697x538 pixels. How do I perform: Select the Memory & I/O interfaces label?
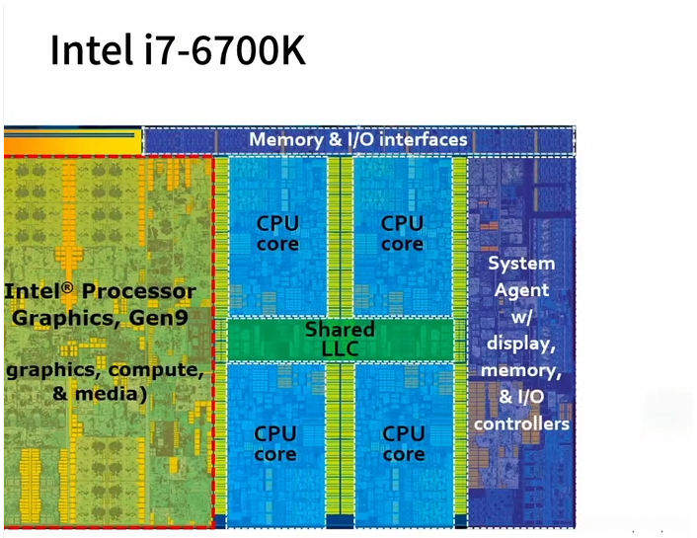357,139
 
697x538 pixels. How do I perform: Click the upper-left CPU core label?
277,233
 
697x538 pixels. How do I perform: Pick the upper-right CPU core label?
402,233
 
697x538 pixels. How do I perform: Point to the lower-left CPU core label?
275,443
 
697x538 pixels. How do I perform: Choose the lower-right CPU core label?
403,443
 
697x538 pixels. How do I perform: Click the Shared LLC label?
340,339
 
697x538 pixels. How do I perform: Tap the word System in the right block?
521,264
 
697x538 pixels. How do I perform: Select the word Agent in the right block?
521,290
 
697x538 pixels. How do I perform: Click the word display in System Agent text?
522,344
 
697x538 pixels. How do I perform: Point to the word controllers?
522,423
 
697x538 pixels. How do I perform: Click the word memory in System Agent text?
520,370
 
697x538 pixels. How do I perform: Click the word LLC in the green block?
340,348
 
